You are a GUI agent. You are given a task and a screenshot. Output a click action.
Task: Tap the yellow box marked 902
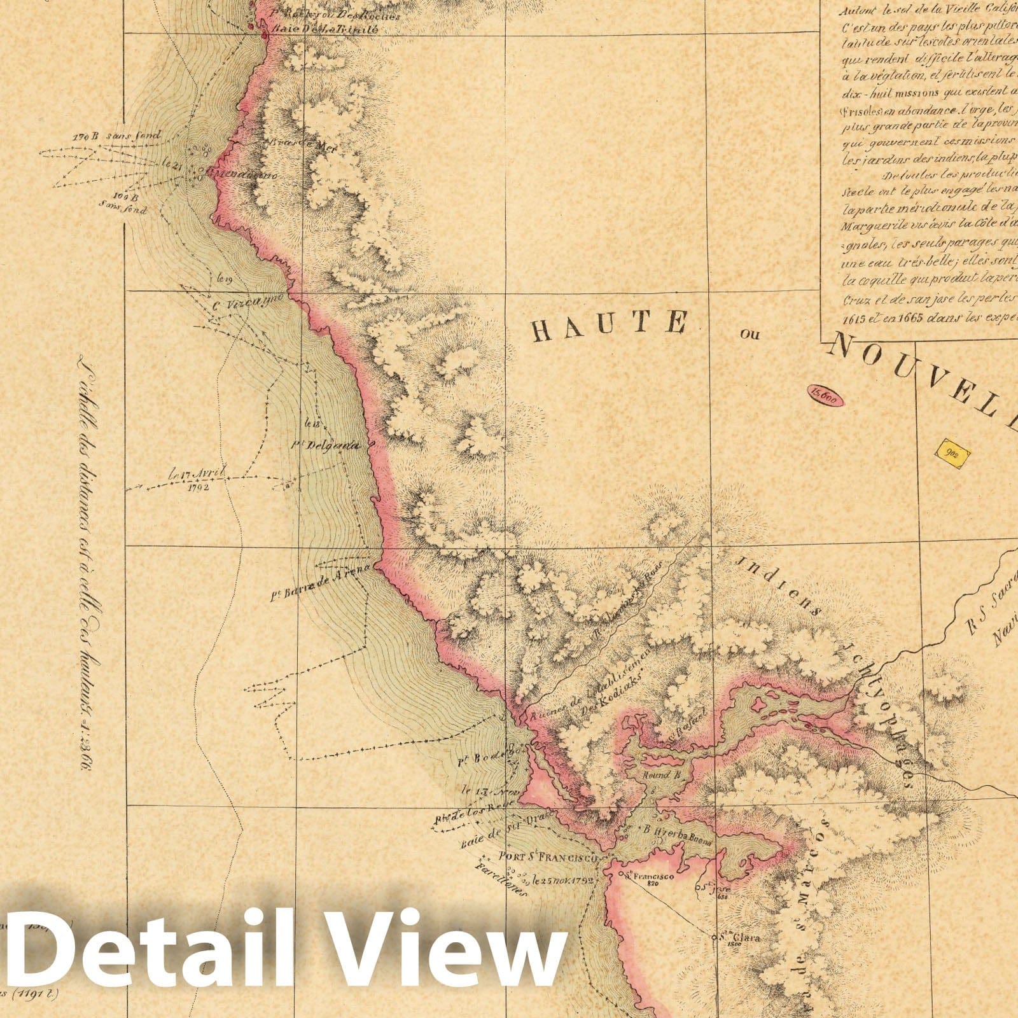pyautogui.click(x=952, y=454)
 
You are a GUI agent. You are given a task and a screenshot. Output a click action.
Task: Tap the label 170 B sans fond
pyautogui.click(x=116, y=136)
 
